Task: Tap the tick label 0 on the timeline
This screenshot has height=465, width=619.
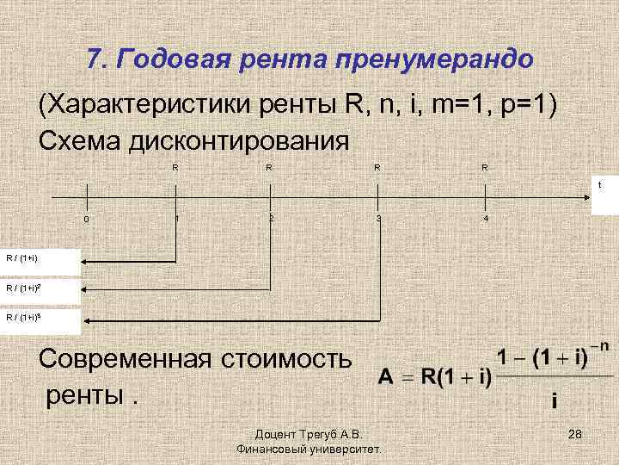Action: (85, 219)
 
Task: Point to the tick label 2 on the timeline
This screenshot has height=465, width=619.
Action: (270, 218)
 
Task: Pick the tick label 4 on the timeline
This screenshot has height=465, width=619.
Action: (486, 219)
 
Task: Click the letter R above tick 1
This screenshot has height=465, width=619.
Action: (175, 167)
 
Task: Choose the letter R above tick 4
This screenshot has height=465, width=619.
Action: (485, 167)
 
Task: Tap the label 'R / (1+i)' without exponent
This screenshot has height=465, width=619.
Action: (22, 257)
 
